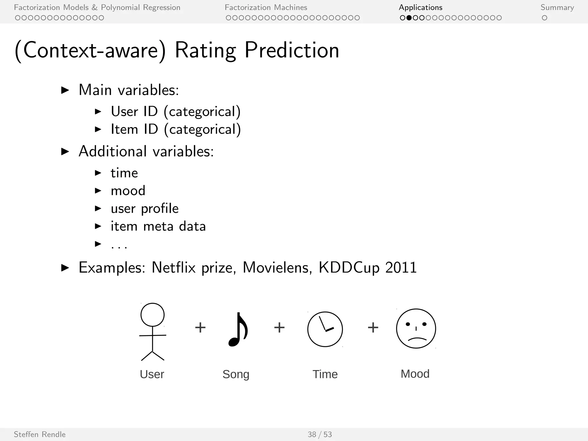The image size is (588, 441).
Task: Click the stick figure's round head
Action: (152, 315)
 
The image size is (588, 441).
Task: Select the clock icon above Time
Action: (325, 329)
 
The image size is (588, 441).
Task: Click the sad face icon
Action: (416, 328)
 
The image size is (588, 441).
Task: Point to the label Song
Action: (236, 374)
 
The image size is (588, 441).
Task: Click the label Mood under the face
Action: (415, 374)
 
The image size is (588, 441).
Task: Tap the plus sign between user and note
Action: (200, 328)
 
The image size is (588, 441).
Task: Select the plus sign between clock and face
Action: (373, 328)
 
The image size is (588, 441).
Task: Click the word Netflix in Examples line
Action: (174, 268)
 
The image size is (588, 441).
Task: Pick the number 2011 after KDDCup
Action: (401, 268)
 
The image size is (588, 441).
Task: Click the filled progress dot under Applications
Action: (409, 18)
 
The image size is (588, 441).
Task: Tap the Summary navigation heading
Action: (557, 7)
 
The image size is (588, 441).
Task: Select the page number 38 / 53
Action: (320, 434)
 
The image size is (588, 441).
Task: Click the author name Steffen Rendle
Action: (40, 434)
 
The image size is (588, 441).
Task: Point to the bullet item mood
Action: (128, 191)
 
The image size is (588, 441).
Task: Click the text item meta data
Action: (158, 226)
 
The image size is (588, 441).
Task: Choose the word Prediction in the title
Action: (292, 50)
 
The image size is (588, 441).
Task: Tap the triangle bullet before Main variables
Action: (65, 90)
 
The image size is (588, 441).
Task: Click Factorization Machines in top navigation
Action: (266, 7)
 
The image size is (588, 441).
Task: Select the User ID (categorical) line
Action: (176, 111)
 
